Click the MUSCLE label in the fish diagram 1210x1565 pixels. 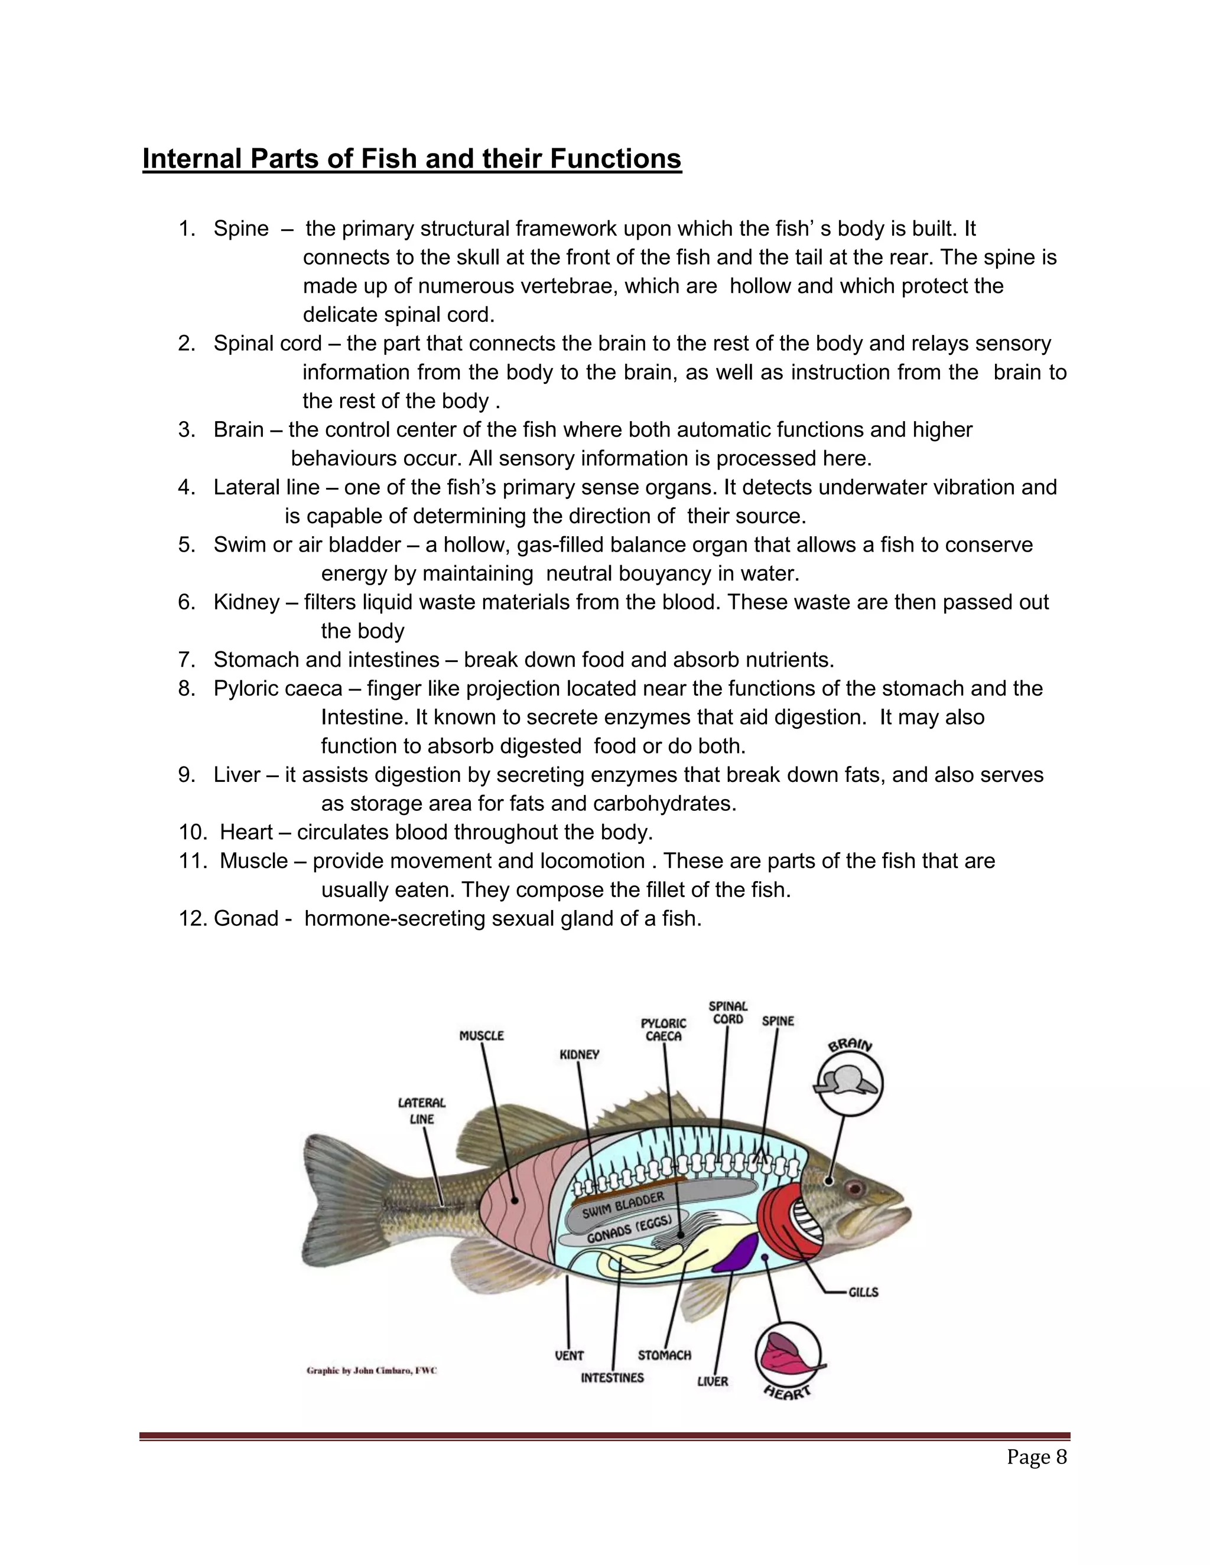click(481, 1035)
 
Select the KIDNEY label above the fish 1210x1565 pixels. click(579, 1055)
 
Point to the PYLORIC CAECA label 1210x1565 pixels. click(663, 1030)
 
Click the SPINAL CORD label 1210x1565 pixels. click(727, 1012)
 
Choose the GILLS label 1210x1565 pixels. click(863, 1292)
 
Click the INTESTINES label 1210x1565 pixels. click(612, 1377)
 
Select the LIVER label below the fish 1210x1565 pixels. click(713, 1381)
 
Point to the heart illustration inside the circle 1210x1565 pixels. click(787, 1353)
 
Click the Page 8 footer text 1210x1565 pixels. click(1036, 1457)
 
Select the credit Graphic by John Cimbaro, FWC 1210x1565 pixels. click(371, 1371)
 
